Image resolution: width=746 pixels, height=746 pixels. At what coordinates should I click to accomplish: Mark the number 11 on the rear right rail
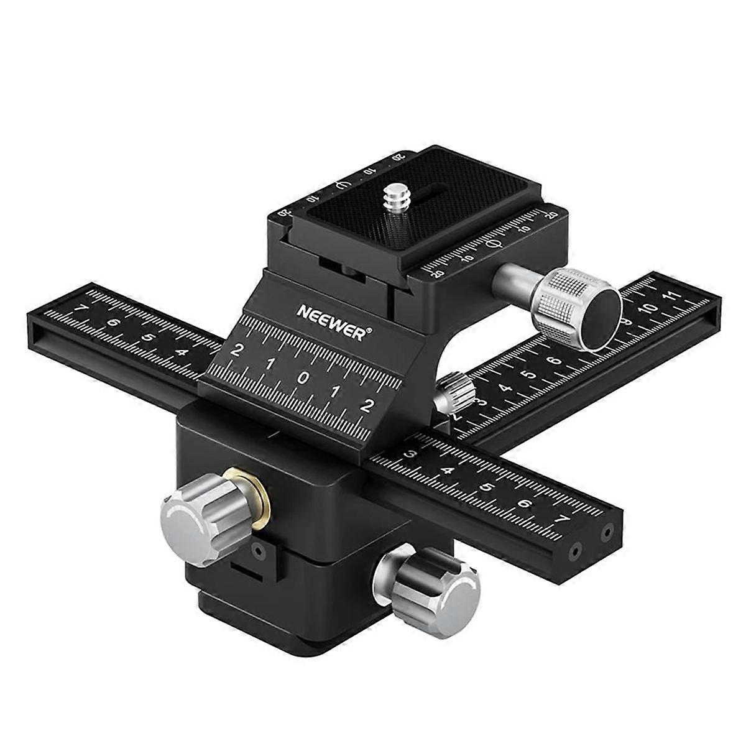tap(670, 297)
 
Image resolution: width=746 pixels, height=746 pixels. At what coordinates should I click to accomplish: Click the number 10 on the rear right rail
tap(648, 308)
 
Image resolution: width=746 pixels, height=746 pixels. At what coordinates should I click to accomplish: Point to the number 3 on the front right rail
tap(410, 455)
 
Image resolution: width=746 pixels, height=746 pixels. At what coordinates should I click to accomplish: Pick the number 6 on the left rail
tap(113, 323)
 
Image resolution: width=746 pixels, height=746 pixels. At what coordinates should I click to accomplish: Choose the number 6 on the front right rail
tap(526, 503)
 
